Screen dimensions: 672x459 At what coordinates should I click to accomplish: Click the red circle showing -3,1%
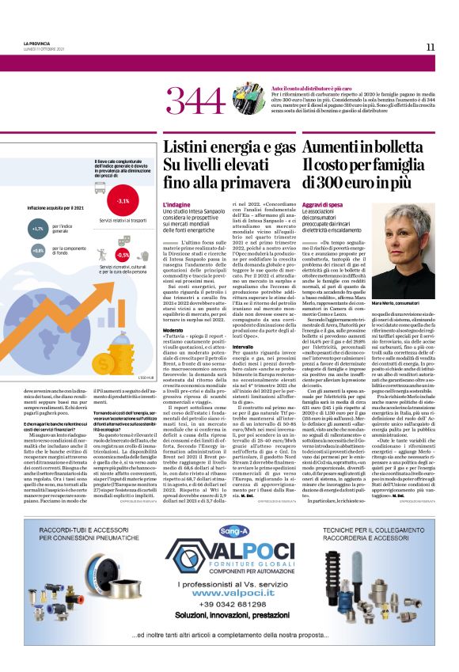(x=123, y=201)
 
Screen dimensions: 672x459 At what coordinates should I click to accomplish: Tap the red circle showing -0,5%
(x=123, y=255)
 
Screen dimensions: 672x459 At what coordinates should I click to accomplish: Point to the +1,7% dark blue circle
(x=38, y=229)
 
